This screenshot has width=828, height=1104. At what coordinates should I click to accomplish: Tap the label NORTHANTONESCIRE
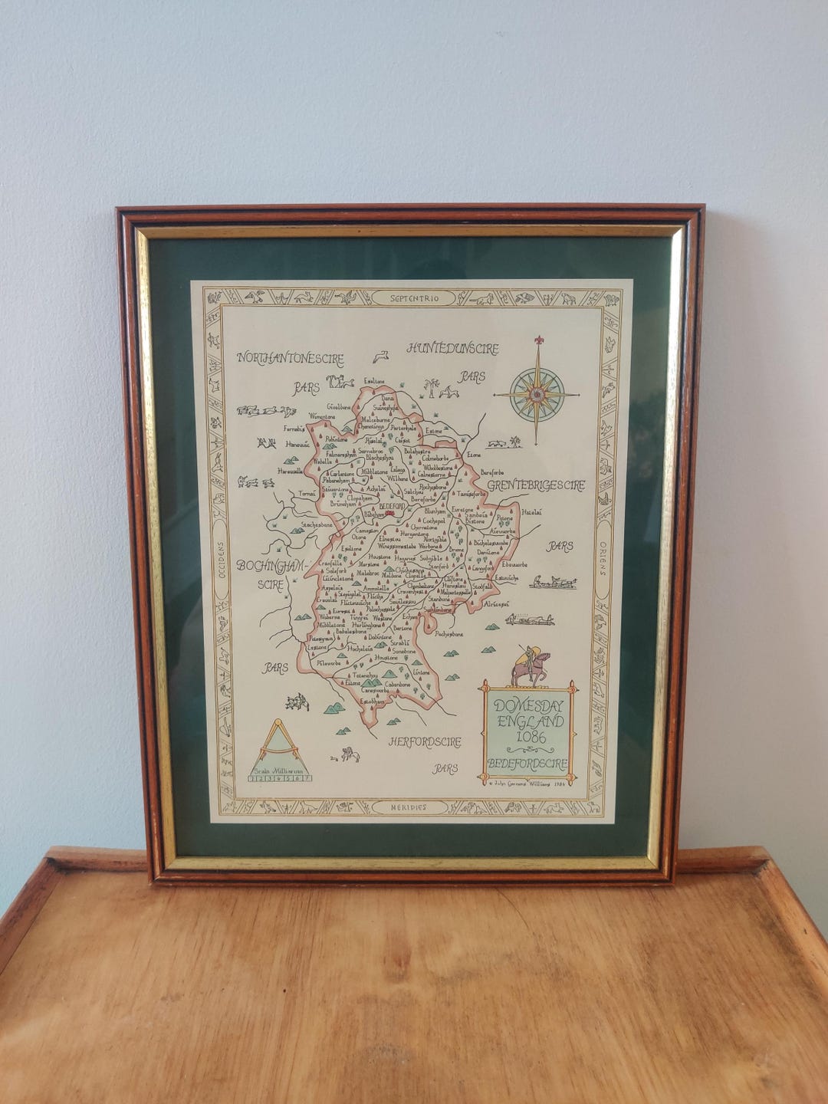tap(290, 358)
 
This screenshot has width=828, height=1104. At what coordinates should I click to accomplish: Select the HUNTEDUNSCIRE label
tap(452, 349)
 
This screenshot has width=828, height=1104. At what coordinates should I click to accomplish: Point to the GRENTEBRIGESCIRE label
tap(535, 485)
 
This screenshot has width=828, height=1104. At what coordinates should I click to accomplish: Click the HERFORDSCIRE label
tap(425, 742)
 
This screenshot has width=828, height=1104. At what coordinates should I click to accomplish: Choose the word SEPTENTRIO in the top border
tap(414, 298)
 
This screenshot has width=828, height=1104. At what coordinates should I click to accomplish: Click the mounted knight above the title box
tap(529, 665)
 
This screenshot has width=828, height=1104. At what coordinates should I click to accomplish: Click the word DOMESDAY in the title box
tap(529, 705)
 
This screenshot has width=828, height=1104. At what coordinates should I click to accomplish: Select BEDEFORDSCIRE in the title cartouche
tap(527, 764)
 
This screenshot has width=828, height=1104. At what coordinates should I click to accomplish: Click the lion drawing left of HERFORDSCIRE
tap(350, 754)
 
